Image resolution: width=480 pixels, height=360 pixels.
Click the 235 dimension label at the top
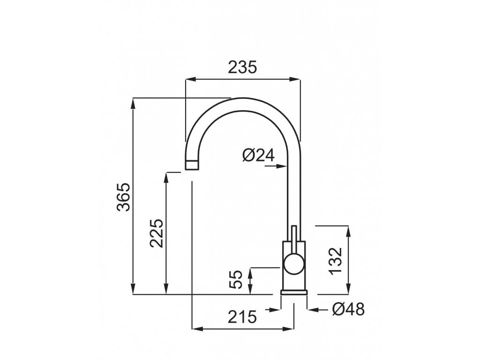(242, 67)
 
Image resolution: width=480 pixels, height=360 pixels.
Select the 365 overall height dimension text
(124, 196)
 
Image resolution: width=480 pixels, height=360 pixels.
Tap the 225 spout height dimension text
(157, 233)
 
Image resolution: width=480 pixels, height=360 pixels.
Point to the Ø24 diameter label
(258, 155)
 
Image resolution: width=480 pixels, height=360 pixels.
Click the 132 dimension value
(336, 261)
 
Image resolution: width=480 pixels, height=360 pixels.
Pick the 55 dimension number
(238, 280)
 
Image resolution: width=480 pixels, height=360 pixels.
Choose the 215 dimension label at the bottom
(242, 317)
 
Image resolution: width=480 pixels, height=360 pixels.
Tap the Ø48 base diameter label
(348, 309)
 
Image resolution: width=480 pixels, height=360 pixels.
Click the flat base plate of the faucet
(294, 292)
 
